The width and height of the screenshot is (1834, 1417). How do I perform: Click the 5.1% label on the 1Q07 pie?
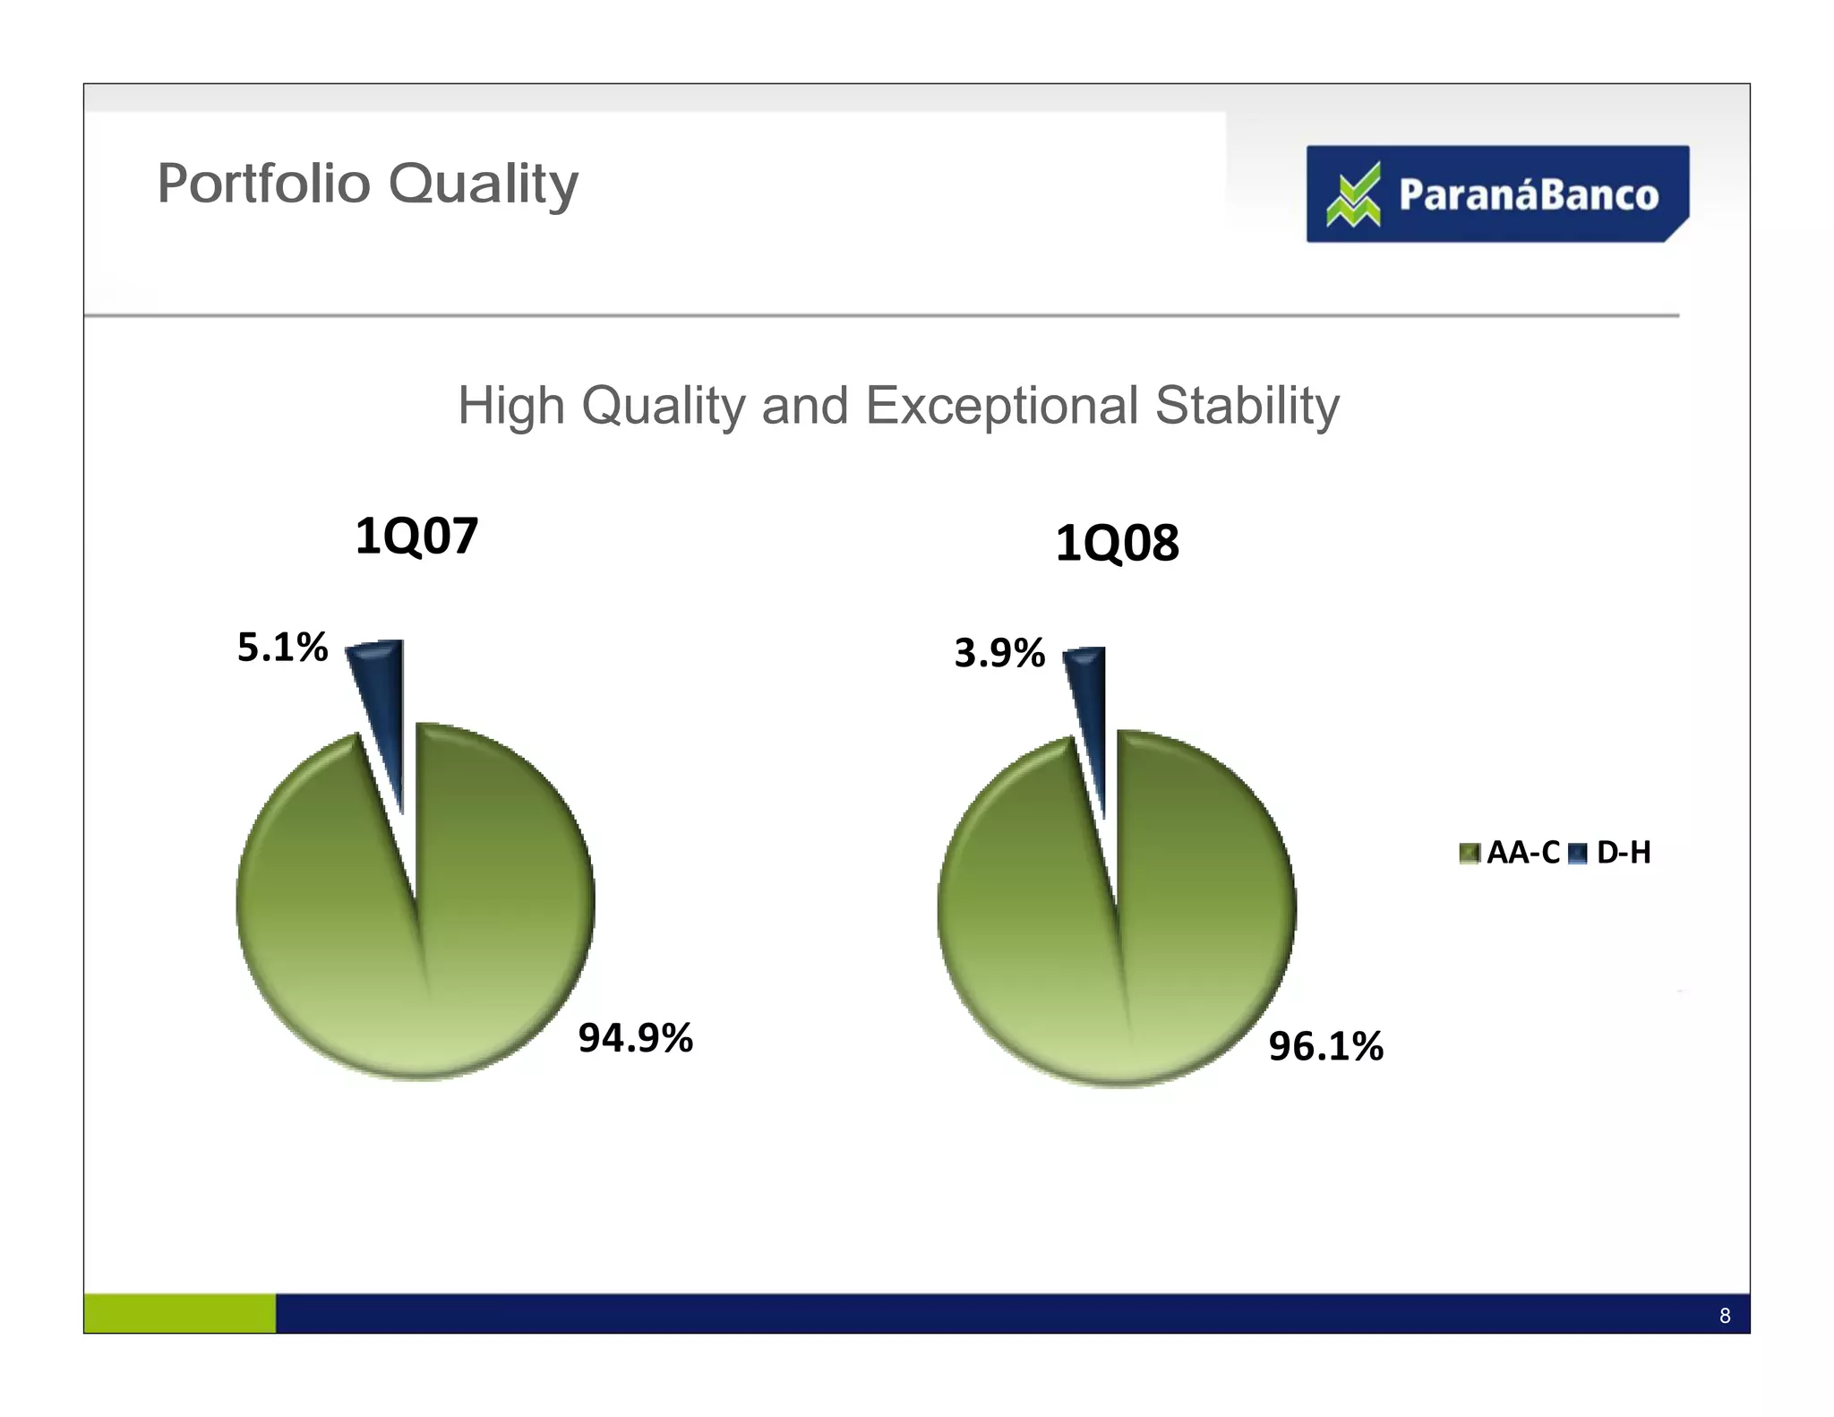[282, 647]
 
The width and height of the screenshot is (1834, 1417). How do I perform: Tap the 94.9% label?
[635, 1037]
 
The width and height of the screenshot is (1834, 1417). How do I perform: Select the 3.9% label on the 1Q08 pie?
[999, 653]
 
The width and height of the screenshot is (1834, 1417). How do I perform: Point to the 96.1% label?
[1325, 1045]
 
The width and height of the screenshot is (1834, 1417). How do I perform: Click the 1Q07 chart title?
[416, 536]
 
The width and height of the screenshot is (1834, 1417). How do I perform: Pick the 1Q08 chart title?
[1117, 543]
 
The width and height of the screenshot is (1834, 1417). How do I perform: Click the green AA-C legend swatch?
[1470, 853]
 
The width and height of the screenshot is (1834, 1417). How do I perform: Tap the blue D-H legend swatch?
[1579, 853]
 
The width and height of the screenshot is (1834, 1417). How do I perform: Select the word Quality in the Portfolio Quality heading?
[484, 185]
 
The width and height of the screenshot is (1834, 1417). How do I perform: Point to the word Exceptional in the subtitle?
[1001, 405]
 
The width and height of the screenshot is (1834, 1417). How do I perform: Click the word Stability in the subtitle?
[1247, 407]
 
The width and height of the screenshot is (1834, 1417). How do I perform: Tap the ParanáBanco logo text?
[1528, 195]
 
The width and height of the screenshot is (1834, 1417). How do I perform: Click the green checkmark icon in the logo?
[1353, 194]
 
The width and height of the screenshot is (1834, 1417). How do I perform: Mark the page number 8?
[1725, 1316]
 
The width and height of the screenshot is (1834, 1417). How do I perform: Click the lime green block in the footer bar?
[180, 1313]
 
